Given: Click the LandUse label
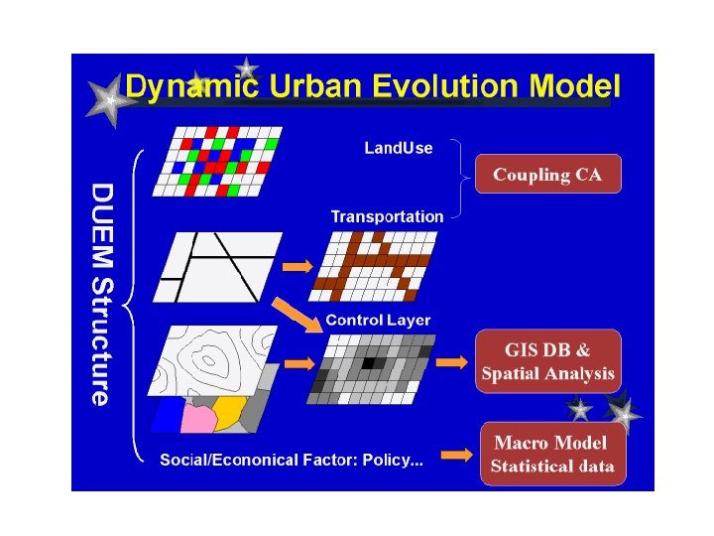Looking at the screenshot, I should point(399,148).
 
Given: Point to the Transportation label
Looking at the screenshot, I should point(387,216).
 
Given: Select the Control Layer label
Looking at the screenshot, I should point(378,320).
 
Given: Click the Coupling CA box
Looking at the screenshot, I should point(547,175).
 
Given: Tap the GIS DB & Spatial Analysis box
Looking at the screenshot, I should point(548,362).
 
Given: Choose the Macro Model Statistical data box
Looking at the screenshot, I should point(552,455).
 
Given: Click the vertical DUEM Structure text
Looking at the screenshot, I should point(102,293).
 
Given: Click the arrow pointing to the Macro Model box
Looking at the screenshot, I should point(455,456).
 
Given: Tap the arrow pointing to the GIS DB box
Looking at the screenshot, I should point(451,363).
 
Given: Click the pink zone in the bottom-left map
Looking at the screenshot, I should point(198,417).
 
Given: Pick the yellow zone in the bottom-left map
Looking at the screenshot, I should point(230,410).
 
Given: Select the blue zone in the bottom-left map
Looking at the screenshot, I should point(167,416).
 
